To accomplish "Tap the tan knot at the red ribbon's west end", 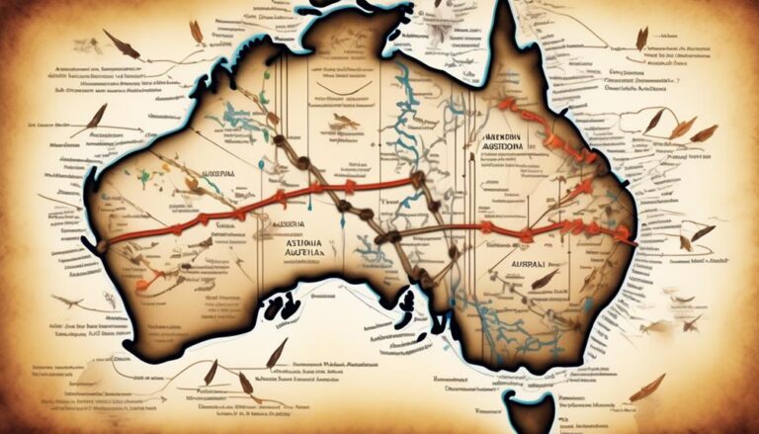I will [x=103, y=242].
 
